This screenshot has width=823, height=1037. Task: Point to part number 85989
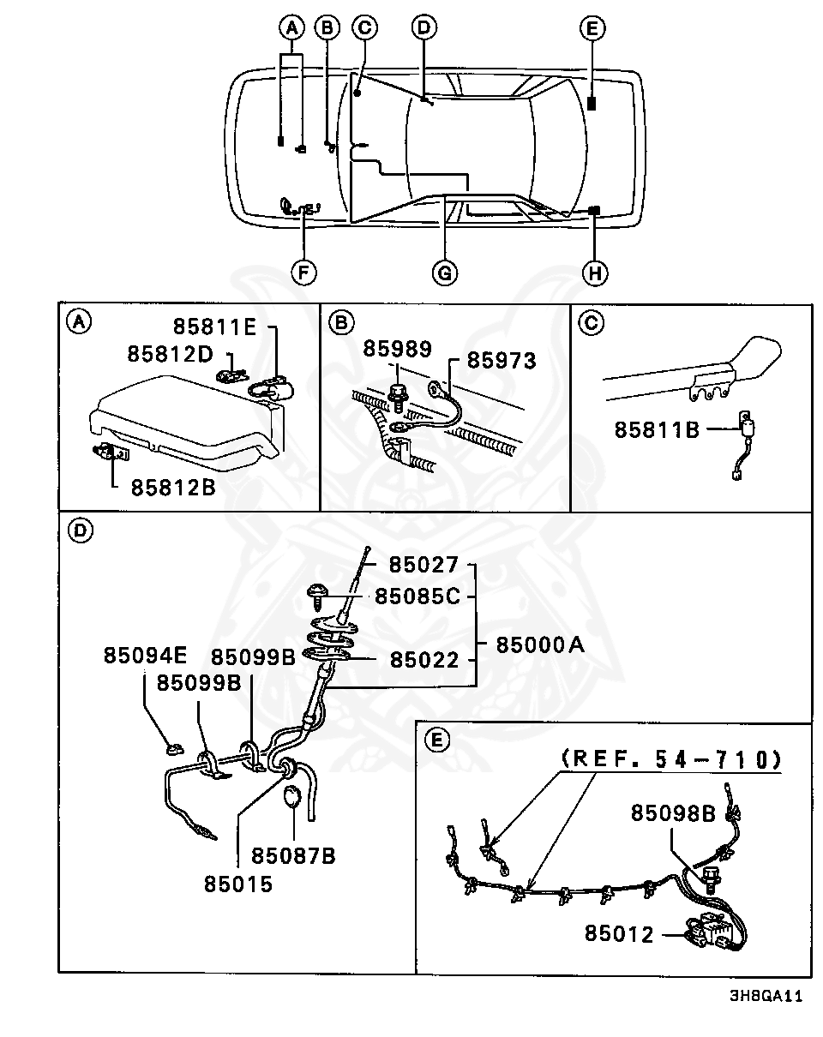tap(397, 348)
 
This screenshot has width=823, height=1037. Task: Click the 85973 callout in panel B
tap(502, 361)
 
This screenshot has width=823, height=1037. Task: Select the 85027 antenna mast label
tap(424, 565)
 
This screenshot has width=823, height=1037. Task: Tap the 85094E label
tap(145, 656)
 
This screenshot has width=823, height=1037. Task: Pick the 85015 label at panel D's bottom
tap(238, 884)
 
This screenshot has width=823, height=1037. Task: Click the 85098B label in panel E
tap(673, 812)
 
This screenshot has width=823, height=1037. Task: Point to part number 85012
tap(620, 933)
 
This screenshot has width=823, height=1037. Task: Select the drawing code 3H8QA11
tap(766, 996)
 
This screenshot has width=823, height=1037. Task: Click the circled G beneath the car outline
tap(445, 273)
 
